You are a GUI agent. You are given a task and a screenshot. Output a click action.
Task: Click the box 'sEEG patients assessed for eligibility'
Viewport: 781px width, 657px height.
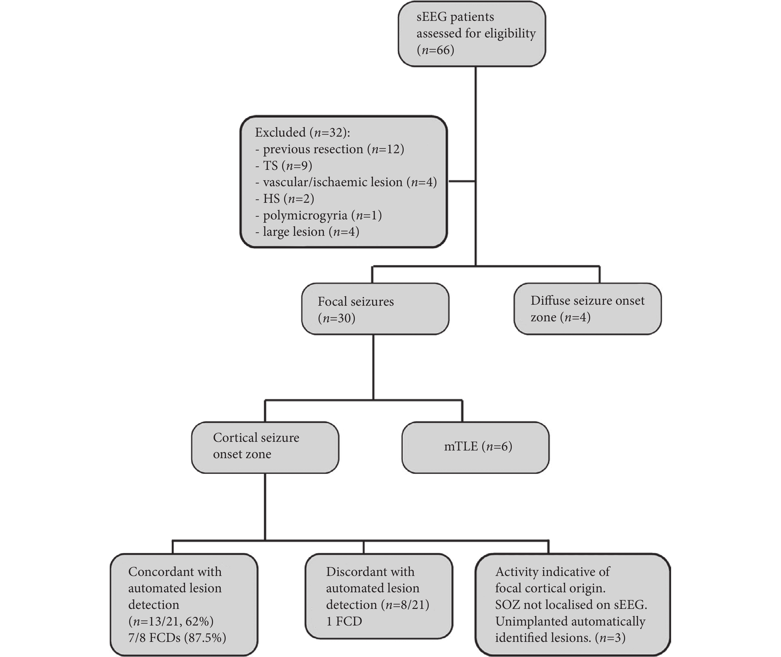[472, 34]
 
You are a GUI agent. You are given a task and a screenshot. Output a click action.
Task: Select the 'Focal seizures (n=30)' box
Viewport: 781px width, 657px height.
[375, 309]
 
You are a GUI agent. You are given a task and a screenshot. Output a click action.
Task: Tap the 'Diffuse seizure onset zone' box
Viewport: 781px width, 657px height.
[588, 309]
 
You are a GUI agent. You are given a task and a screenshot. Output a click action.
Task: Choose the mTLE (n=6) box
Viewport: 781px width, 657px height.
[476, 447]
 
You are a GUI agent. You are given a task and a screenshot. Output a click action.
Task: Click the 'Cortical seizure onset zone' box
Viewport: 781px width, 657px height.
[265, 447]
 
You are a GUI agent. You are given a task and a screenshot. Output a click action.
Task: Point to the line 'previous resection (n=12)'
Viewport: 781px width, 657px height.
[330, 149]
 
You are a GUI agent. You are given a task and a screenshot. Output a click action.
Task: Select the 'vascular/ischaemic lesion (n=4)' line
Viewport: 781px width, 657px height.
[346, 182]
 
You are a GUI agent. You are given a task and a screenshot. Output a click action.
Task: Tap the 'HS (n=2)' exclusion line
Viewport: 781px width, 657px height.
[285, 199]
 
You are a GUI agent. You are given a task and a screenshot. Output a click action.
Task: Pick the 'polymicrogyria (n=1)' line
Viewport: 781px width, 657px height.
[318, 215]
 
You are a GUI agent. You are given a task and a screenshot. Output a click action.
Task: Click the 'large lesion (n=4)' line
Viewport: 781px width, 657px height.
[307, 232]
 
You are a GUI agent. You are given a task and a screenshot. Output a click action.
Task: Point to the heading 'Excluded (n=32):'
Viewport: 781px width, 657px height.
[302, 132]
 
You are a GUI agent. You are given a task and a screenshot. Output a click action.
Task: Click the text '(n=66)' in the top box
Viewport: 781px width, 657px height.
[435, 50]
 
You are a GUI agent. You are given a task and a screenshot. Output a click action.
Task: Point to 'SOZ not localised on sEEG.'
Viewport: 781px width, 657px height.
[571, 604]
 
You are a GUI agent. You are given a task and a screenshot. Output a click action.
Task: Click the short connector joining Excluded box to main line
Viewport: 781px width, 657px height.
[462, 181]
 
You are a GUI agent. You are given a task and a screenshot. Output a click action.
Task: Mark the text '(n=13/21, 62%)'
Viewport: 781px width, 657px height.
[171, 621]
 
